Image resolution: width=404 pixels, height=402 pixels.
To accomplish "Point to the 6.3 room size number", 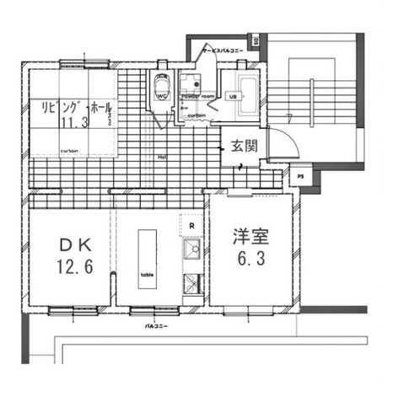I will (x=250, y=260).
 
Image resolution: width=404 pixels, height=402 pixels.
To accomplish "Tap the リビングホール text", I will (x=74, y=108).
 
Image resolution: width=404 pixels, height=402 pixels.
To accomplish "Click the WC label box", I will (x=161, y=97).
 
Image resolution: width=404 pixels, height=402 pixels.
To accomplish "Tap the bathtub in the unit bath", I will (x=249, y=88).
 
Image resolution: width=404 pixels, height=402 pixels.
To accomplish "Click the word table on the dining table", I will (x=148, y=276).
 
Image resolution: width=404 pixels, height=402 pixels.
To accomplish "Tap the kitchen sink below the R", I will (x=191, y=249).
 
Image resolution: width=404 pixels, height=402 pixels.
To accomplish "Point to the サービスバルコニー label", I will (x=221, y=51).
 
